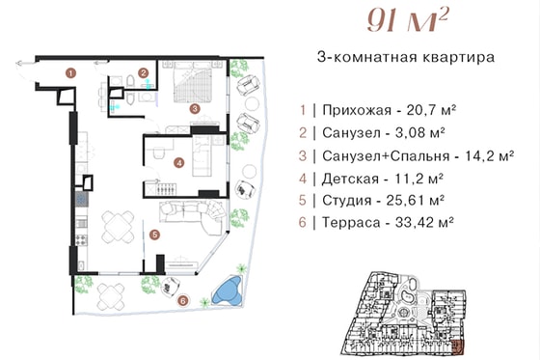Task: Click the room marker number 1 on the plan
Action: coord(71,73)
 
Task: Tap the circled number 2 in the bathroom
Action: coord(144,73)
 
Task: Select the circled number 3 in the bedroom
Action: coord(195,109)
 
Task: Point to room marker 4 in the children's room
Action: coord(179,162)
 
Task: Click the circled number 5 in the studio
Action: coord(154,235)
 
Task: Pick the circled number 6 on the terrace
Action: coord(183,300)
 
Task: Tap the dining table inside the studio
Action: coord(118,226)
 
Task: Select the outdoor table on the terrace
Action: coord(111,296)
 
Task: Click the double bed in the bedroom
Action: coord(193,83)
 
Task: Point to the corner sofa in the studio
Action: coord(193,214)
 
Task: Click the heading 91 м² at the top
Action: coord(408,19)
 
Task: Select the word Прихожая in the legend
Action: coord(357,110)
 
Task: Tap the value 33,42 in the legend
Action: coord(415,222)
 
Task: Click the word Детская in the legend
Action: coord(350,179)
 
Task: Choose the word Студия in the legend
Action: coord(347,201)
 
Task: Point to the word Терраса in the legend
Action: coord(351,223)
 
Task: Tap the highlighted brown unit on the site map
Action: coord(458,346)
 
